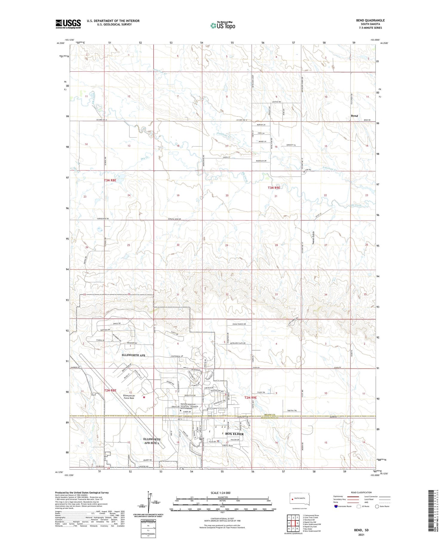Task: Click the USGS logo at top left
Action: coord(68,24)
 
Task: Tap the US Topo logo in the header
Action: coord(223,26)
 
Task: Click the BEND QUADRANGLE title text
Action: coord(370,20)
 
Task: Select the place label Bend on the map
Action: coord(354,116)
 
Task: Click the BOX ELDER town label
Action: coord(234,434)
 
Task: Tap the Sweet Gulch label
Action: coord(313,238)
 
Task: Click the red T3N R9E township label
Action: coord(274,188)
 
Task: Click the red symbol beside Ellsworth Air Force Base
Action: coord(144,397)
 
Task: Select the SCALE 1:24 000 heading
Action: coord(223,493)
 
